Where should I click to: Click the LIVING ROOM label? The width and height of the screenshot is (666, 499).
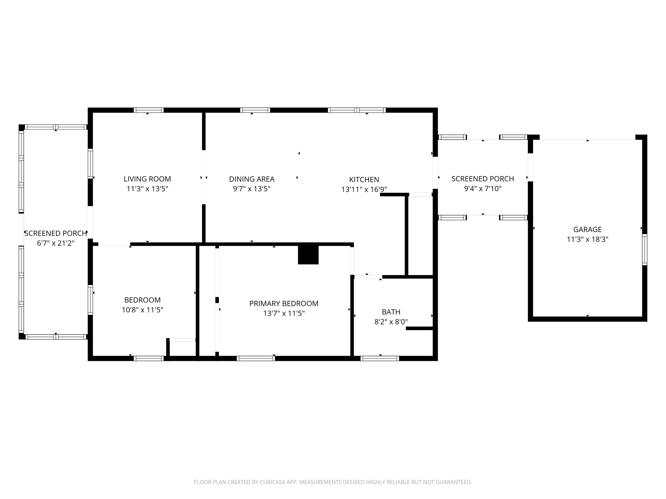pyautogui.click(x=147, y=179)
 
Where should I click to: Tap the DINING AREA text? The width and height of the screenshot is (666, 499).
pyautogui.click(x=252, y=179)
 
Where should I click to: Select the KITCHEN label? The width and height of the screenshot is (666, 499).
pyautogui.click(x=364, y=180)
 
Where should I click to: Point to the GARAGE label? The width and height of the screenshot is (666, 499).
pyautogui.click(x=587, y=230)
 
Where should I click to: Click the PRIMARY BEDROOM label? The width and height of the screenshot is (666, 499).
pyautogui.click(x=284, y=303)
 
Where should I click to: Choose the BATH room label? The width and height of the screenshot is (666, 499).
pyautogui.click(x=391, y=312)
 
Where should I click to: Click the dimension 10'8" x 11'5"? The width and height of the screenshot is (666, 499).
pyautogui.click(x=143, y=310)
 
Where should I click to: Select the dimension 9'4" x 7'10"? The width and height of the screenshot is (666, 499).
pyautogui.click(x=483, y=189)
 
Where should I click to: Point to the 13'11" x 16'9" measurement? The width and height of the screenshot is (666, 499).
pyautogui.click(x=364, y=189)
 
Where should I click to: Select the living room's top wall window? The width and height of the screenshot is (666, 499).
pyautogui.click(x=149, y=110)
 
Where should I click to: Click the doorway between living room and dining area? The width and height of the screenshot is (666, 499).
pyautogui.click(x=204, y=177)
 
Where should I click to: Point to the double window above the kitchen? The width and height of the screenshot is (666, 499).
pyautogui.click(x=357, y=110)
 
